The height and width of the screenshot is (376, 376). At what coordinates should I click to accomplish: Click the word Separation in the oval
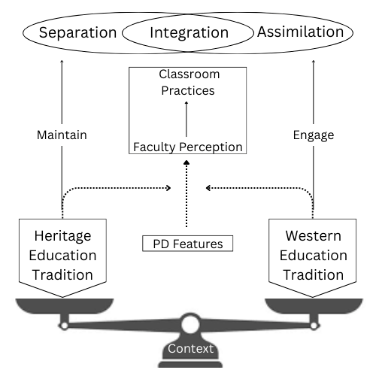click(77, 33)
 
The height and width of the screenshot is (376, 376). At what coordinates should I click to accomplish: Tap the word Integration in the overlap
click(190, 33)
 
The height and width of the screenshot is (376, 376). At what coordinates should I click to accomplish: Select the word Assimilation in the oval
click(300, 32)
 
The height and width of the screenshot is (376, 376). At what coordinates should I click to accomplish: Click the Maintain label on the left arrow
click(62, 135)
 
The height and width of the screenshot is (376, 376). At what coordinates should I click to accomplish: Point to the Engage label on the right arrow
click(314, 135)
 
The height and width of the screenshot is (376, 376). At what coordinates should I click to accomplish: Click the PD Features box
click(187, 244)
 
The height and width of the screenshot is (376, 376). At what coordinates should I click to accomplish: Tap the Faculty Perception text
click(188, 147)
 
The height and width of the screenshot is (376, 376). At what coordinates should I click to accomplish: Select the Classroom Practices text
click(189, 82)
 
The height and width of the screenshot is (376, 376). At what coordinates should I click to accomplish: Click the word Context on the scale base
click(190, 348)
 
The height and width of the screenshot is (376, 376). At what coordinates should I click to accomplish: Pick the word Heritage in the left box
click(62, 236)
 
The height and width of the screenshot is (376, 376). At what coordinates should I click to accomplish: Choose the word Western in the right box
click(314, 235)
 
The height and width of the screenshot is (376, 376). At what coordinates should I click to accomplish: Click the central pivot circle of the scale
click(190, 324)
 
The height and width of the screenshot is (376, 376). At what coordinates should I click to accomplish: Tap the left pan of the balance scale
click(65, 306)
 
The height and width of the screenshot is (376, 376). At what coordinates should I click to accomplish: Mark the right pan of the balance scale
click(314, 306)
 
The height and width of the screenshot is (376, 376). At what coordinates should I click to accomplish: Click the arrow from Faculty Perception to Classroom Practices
click(186, 119)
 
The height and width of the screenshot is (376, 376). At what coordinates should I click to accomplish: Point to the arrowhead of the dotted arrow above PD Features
click(186, 162)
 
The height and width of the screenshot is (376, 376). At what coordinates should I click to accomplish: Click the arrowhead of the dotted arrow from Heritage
click(169, 188)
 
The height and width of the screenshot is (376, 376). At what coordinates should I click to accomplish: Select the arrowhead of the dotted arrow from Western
click(208, 188)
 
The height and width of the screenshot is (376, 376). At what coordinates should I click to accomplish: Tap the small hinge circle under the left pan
click(64, 326)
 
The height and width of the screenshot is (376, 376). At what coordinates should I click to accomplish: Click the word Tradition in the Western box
click(314, 274)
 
